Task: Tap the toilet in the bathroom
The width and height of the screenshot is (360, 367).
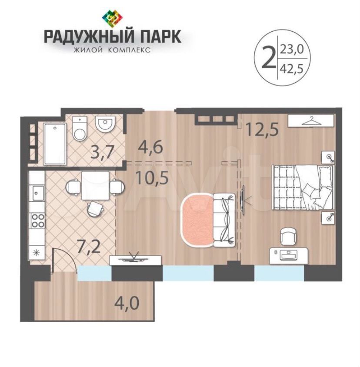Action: tap(80, 129)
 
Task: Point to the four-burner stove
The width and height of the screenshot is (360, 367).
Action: tap(38, 221)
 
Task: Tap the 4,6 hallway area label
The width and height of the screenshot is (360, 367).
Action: tap(150, 148)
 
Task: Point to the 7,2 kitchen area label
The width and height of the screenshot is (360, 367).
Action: tap(89, 248)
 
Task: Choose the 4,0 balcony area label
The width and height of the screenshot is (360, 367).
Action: tap(127, 304)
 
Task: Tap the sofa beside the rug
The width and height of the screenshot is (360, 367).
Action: tap(224, 220)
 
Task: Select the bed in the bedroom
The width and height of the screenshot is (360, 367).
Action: tap(303, 187)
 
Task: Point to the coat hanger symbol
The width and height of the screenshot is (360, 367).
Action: tap(310, 121)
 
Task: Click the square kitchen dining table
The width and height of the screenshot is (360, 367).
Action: tap(96, 186)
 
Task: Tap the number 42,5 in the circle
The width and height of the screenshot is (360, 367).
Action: tap(291, 69)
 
